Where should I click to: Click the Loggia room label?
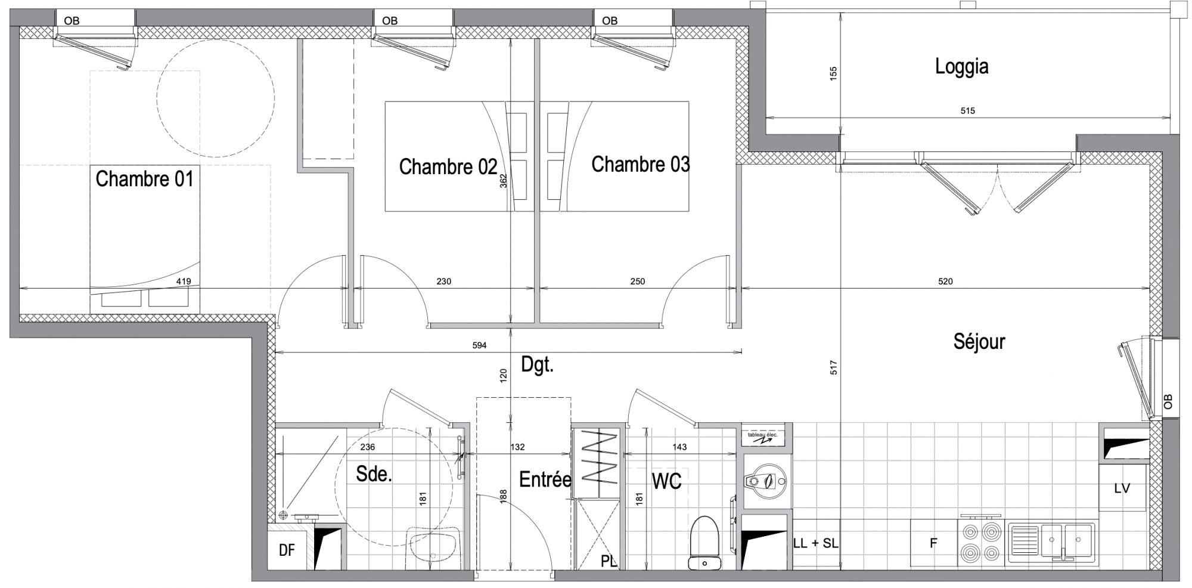[961, 67]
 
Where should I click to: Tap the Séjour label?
[979, 342]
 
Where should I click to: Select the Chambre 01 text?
[145, 179]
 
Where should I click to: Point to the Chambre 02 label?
[448, 167]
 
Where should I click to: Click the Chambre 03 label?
[641, 164]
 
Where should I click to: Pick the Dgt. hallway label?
[538, 365]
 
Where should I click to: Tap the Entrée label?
[545, 479]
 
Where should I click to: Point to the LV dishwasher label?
[1122, 488]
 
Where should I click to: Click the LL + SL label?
[816, 544]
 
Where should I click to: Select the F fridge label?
[934, 543]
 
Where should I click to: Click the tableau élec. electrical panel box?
[767, 435]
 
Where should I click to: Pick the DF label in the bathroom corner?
[287, 550]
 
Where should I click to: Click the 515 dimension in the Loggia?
[968, 111]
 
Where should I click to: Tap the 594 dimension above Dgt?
[480, 345]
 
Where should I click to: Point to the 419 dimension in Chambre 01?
[184, 281]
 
